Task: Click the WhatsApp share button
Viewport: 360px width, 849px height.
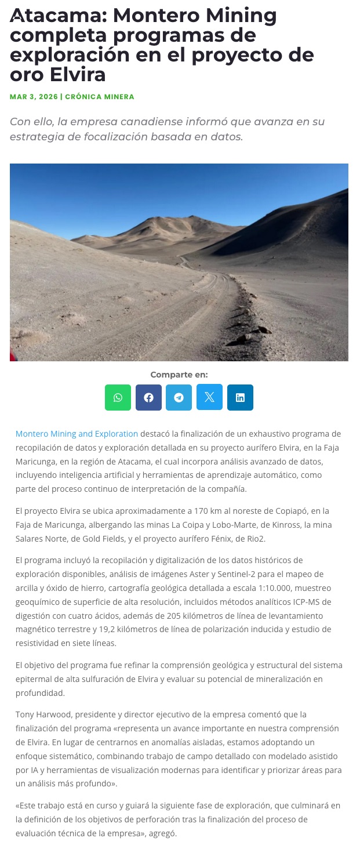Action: point(118,397)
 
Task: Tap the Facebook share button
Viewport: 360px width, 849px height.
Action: point(149,397)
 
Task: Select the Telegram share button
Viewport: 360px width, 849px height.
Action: point(179,397)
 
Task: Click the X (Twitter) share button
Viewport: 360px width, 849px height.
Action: point(209,397)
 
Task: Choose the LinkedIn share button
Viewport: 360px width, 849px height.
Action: point(240,397)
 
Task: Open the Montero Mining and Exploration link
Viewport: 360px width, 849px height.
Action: point(77,434)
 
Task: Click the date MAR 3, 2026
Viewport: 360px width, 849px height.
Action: point(34,97)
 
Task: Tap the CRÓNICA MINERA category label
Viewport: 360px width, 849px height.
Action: point(100,97)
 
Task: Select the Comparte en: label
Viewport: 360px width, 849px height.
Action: point(179,375)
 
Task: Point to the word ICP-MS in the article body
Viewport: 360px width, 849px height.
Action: point(308,602)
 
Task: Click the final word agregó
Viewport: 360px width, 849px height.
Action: point(161,833)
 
